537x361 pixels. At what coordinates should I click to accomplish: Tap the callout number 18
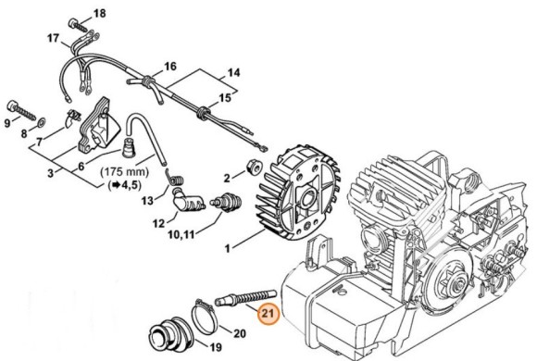pos(100,13)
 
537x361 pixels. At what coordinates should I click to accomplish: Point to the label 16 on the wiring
pos(169,66)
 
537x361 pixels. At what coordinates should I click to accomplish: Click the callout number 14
pos(233,72)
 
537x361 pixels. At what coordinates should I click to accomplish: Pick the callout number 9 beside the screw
pos(7,121)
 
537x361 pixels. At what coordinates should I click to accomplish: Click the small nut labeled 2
pos(251,168)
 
